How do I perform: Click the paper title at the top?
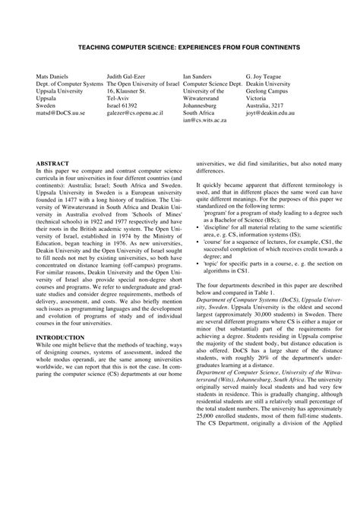point(179,46)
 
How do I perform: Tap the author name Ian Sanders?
point(201,77)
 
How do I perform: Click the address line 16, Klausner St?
point(130,95)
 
